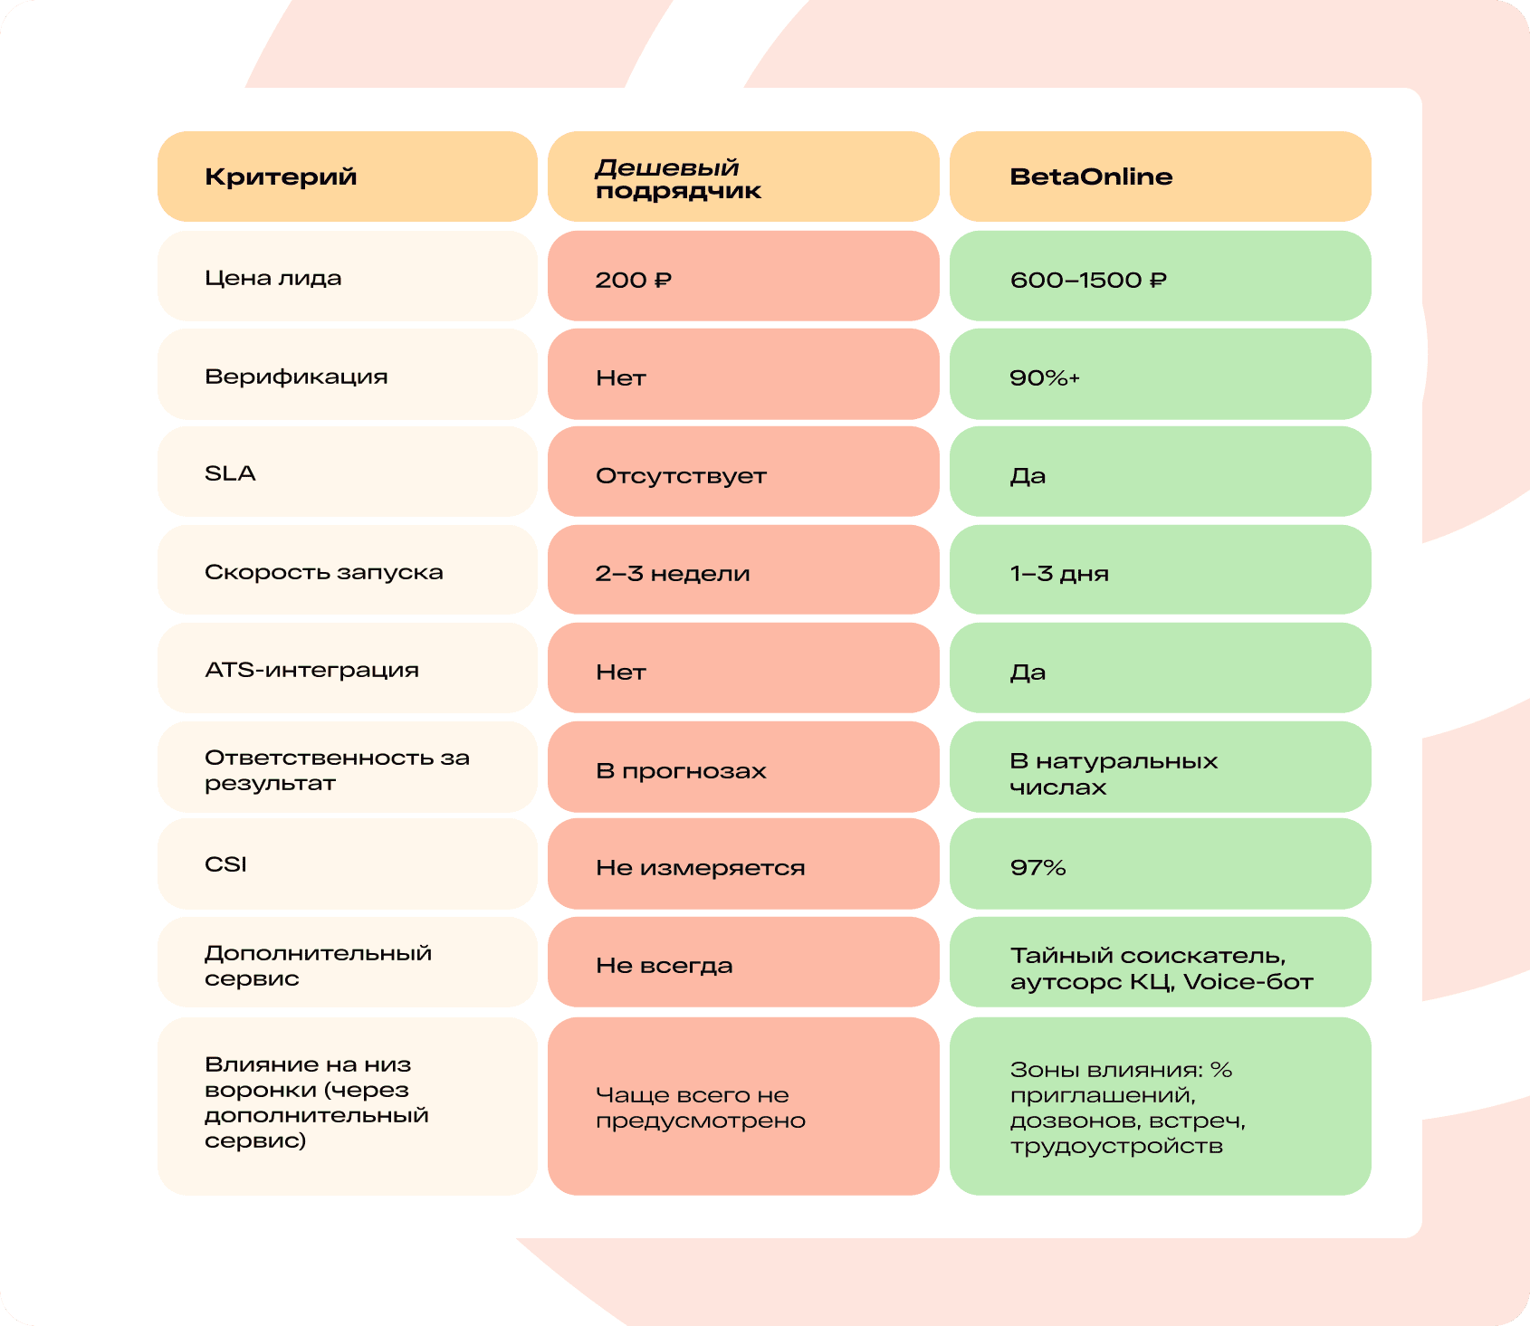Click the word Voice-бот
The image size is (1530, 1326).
point(1248,982)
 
